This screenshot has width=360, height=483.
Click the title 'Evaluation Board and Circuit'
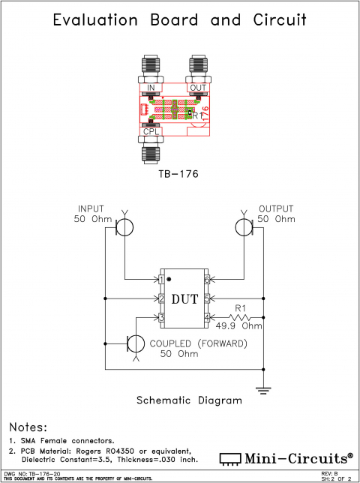180,20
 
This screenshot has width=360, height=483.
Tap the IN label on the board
150,88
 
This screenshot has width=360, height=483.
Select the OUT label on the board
198,88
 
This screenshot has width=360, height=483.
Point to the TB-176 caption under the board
178,173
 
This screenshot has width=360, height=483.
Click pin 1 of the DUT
161,280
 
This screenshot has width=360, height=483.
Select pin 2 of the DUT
161,299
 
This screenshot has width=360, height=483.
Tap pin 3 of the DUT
161,318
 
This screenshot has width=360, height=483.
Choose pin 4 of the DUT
207,318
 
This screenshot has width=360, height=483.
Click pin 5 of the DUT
207,299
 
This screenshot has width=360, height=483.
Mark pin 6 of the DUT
207,280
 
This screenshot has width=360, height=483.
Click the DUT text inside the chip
184,299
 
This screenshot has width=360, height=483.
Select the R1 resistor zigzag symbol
240,318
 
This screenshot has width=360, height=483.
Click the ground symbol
264,388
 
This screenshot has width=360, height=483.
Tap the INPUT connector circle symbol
125,226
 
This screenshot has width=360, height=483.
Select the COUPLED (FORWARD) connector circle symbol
136,343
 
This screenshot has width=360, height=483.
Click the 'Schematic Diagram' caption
189,400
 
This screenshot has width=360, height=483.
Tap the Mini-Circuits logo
286,457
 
